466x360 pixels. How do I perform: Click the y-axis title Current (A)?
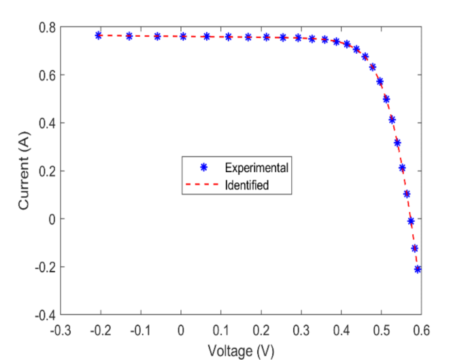pyautogui.click(x=24, y=171)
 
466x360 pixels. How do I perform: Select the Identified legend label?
pyautogui.click(x=250, y=184)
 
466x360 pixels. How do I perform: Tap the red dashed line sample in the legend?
pyautogui.click(x=203, y=184)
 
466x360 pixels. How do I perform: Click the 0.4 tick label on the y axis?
pyautogui.click(x=47, y=123)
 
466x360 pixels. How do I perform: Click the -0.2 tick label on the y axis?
pyautogui.click(x=45, y=267)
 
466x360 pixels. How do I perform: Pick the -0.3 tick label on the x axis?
pyautogui.click(x=60, y=330)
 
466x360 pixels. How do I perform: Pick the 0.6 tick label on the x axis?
pyautogui.click(x=421, y=330)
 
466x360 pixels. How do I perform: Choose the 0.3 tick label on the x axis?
pyautogui.click(x=301, y=330)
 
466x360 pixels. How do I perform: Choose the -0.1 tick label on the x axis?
pyautogui.click(x=140, y=330)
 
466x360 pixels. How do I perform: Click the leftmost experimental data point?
pyautogui.click(x=99, y=35)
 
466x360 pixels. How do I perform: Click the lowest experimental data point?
pyautogui.click(x=418, y=269)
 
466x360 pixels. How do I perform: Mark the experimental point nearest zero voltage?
pyautogui.click(x=183, y=36)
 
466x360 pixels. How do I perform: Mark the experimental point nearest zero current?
pyautogui.click(x=411, y=221)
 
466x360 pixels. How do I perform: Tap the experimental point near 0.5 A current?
pyautogui.click(x=386, y=99)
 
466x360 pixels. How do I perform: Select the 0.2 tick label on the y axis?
pyautogui.click(x=47, y=171)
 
